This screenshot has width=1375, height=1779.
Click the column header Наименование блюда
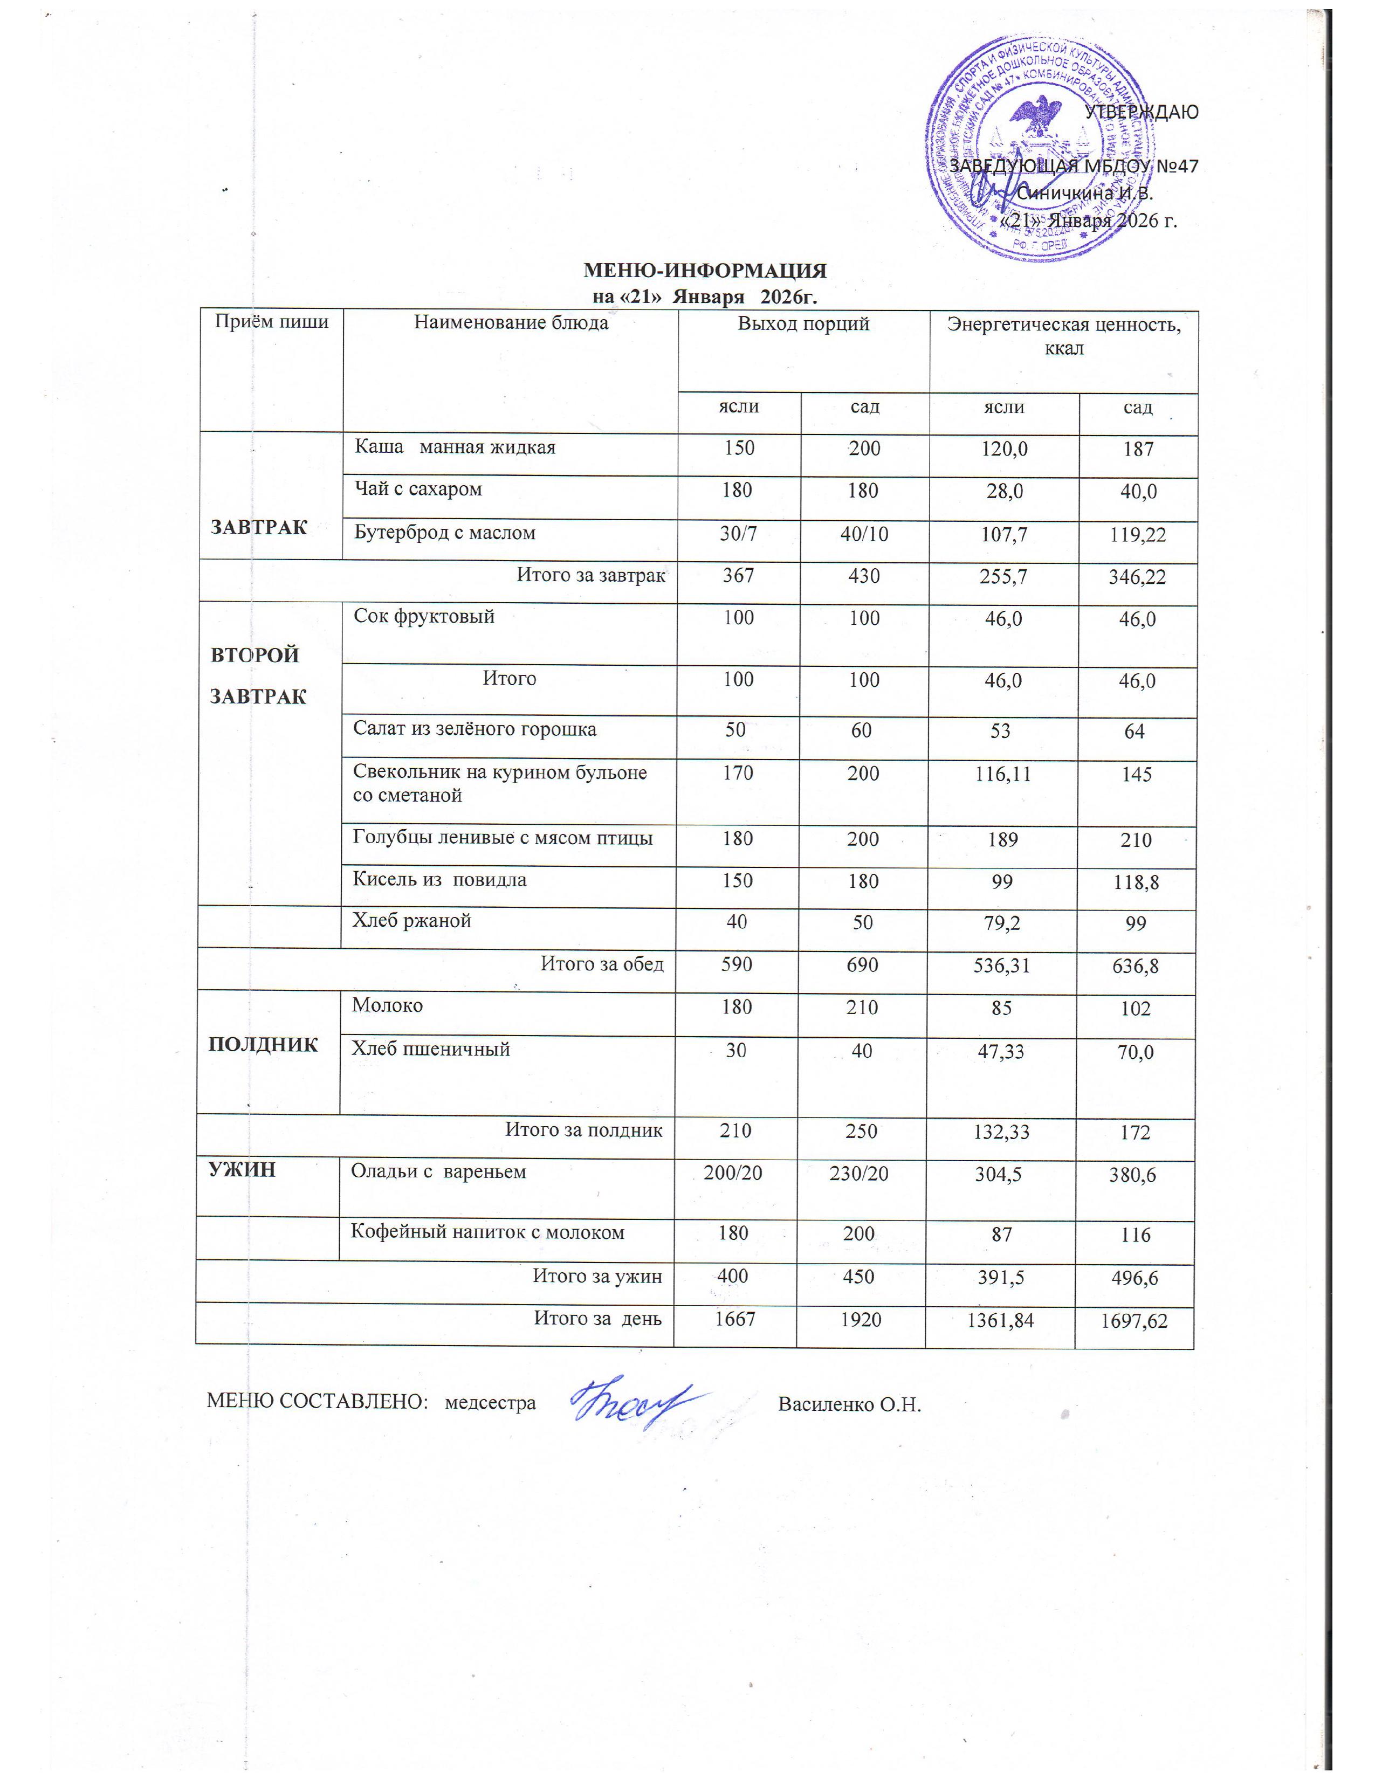511,322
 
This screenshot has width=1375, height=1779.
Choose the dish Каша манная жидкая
455,447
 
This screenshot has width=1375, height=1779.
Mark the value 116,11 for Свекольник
1001,774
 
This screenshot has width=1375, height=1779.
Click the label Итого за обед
602,964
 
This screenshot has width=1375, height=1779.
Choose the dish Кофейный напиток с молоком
487,1232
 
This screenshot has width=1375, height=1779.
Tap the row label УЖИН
242,1170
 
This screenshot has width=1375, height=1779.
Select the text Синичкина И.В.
1085,194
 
